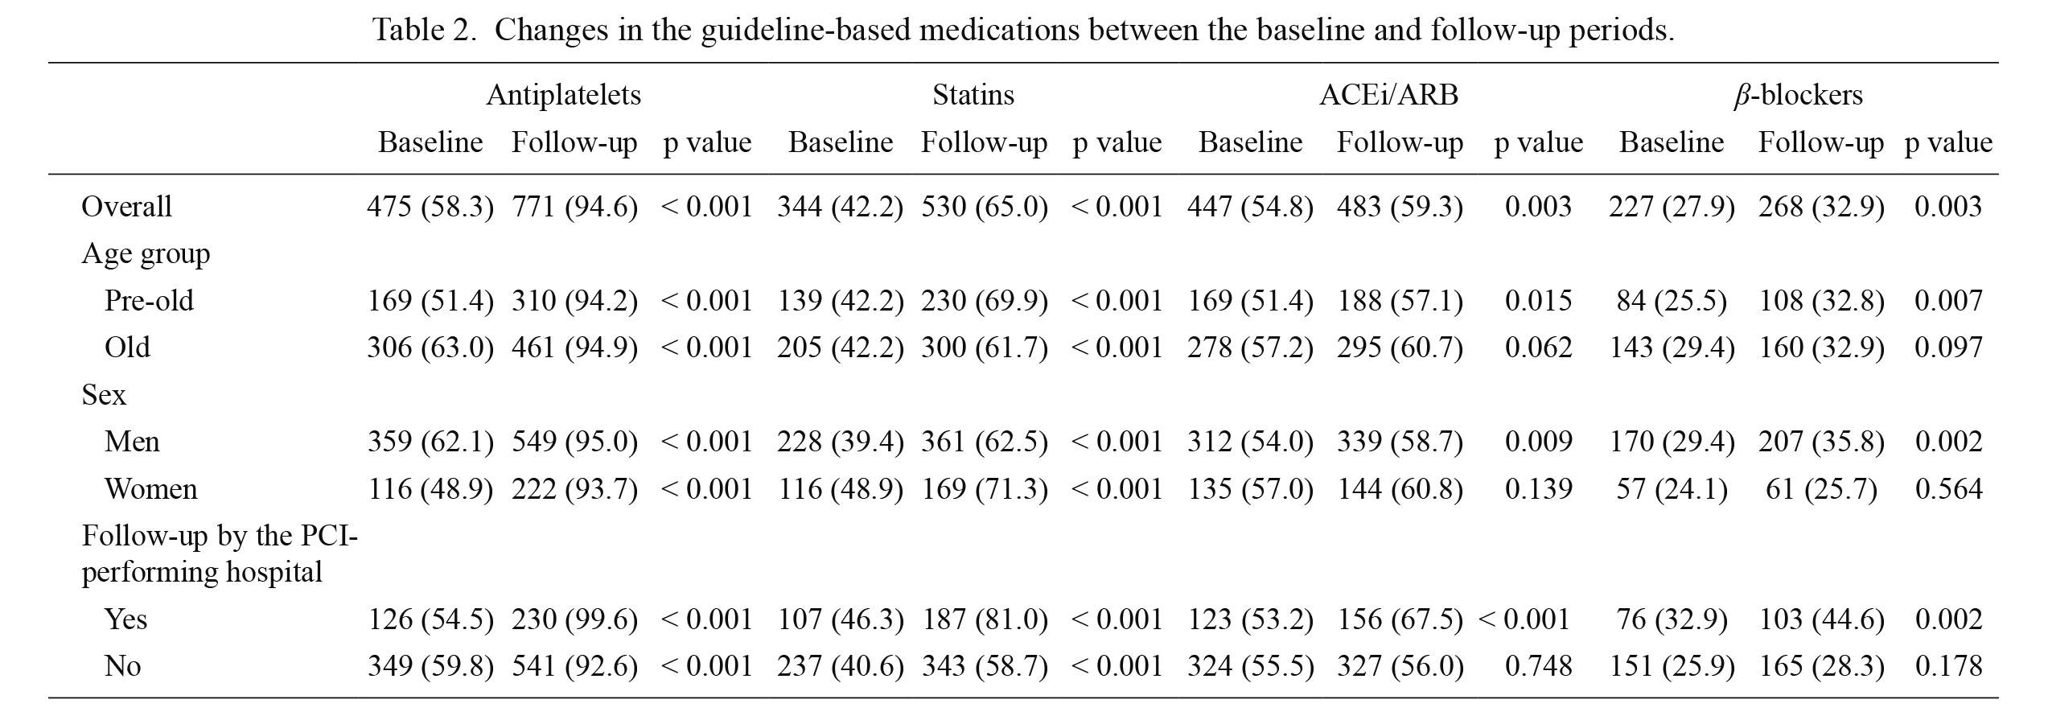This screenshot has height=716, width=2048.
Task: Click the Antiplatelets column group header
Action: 563,95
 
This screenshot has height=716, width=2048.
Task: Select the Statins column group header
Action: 973,95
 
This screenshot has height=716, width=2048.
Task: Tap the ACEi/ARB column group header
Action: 1389,95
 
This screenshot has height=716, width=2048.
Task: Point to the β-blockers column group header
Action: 1798,95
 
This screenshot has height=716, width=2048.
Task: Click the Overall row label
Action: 126,206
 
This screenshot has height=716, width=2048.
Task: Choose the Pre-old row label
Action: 149,300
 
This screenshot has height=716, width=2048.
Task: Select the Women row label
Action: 150,488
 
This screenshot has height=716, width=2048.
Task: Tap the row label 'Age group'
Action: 146,253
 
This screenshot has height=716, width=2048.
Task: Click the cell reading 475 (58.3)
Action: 430,206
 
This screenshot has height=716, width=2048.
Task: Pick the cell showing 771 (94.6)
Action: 574,206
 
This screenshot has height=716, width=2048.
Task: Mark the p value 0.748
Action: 1538,665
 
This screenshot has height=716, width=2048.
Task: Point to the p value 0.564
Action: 1948,488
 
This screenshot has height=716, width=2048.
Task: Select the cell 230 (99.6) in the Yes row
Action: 574,619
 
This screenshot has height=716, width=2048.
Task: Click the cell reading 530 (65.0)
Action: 985,206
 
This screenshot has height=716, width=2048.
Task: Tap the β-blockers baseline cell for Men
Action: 1672,441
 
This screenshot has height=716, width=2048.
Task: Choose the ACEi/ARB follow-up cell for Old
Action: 1400,347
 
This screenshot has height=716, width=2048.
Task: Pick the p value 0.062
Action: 1538,347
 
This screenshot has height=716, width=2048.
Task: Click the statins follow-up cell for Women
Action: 985,488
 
